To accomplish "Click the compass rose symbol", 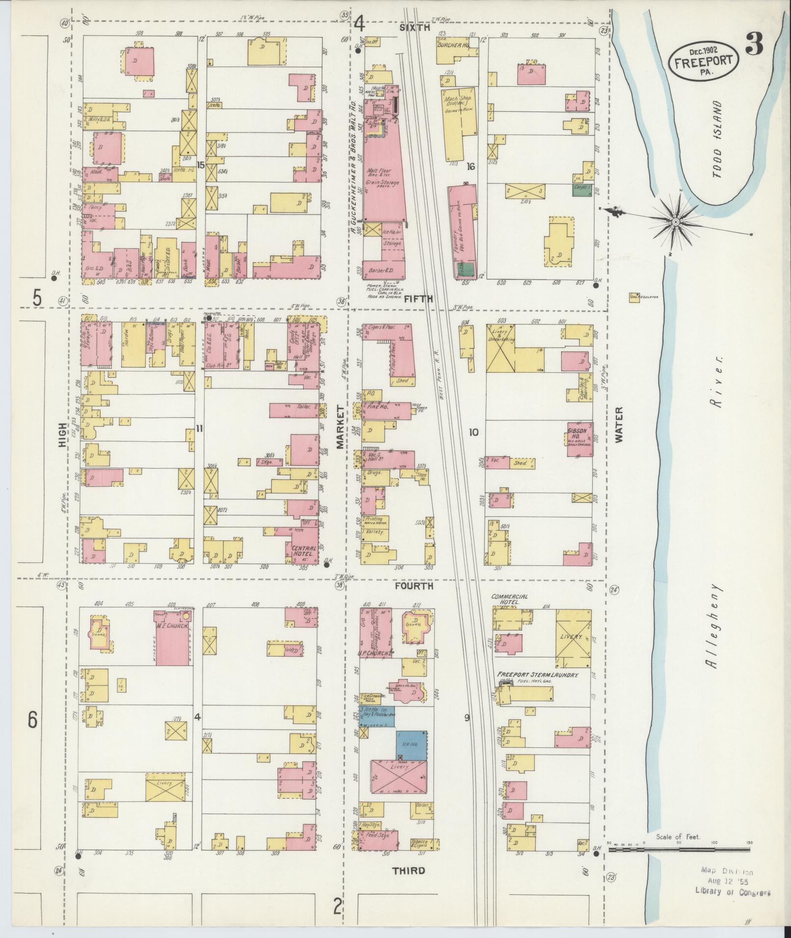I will tap(676, 222).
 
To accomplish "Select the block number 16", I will tap(471, 167).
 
